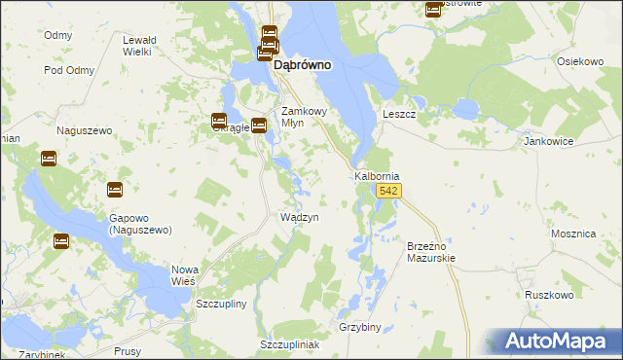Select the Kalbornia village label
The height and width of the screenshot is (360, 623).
[x=377, y=176]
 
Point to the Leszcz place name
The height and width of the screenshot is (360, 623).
[x=399, y=114]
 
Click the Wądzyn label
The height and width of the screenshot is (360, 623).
[x=300, y=217]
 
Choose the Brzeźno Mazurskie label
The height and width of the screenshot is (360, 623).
[x=430, y=253]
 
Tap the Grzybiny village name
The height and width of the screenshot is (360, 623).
[x=359, y=327]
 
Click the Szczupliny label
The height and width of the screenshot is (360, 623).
[x=222, y=304]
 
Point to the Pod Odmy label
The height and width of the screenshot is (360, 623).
[x=67, y=70]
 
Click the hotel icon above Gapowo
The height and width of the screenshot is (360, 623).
[x=114, y=190]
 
